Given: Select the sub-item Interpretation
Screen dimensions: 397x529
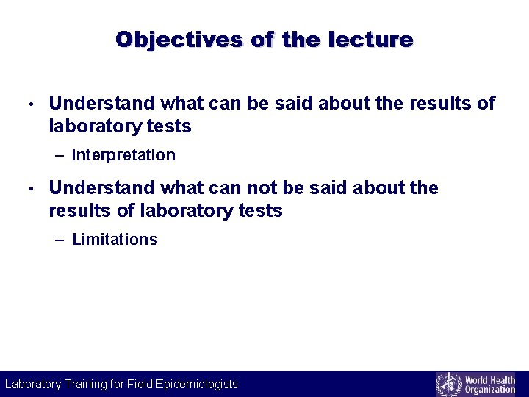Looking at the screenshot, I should pyautogui.click(x=123, y=155).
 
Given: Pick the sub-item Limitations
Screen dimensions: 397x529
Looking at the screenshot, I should pyautogui.click(x=115, y=240).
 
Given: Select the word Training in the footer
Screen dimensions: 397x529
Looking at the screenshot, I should pyautogui.click(x=86, y=384).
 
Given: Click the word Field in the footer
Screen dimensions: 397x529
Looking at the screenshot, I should pyautogui.click(x=140, y=384).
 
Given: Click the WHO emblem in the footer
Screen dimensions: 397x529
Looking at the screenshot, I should pyautogui.click(x=448, y=384).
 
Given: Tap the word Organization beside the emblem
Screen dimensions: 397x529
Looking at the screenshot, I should pyautogui.click(x=490, y=390).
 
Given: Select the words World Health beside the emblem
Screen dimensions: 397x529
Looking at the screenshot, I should pyautogui.click(x=490, y=379).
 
